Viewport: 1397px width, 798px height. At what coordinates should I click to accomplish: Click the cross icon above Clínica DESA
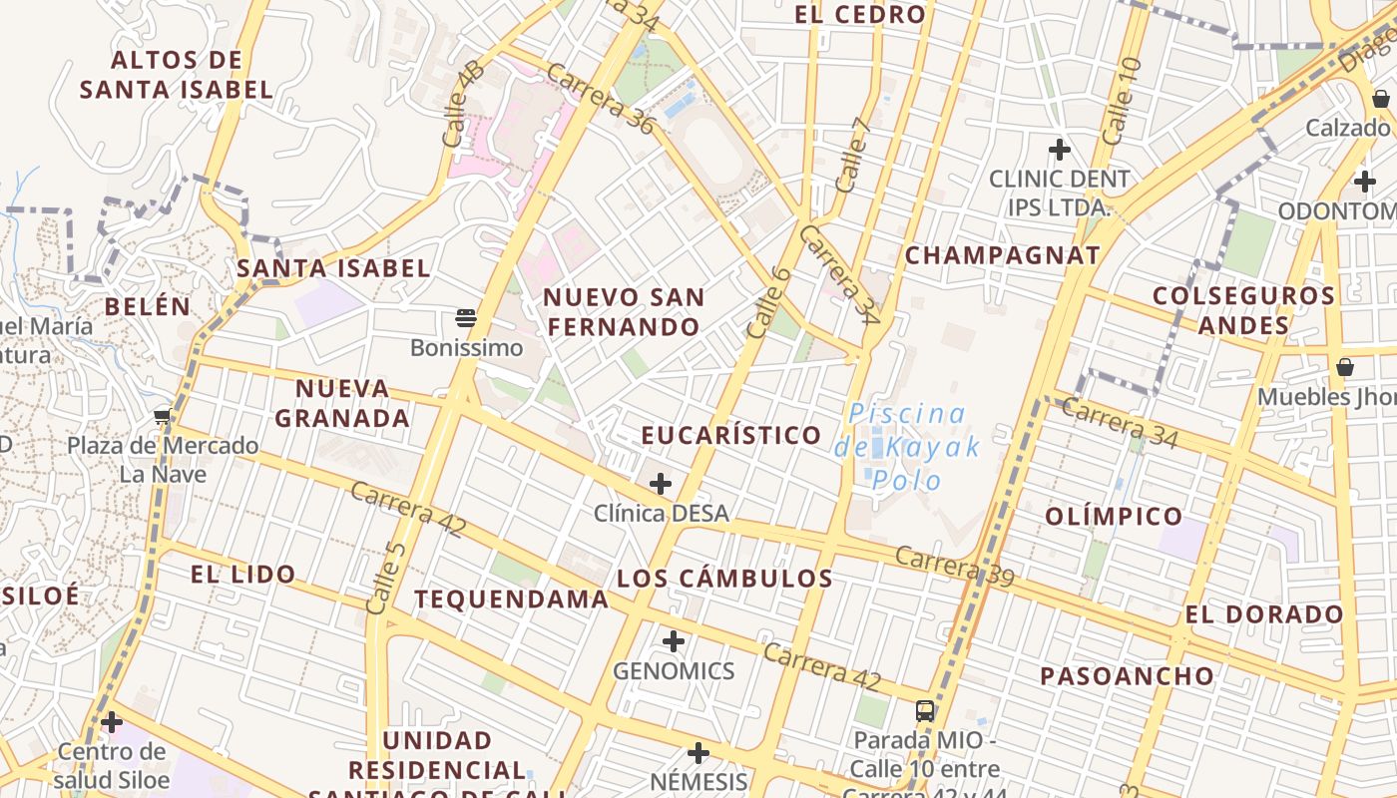[660, 485]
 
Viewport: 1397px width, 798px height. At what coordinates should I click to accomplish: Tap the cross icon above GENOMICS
[674, 641]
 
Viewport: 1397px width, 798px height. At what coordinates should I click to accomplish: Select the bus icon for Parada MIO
[925, 711]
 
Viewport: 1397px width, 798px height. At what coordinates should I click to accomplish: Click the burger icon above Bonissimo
[465, 318]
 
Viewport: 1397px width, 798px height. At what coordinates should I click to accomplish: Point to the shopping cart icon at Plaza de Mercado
[163, 416]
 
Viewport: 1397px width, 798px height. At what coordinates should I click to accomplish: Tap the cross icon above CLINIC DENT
[1059, 151]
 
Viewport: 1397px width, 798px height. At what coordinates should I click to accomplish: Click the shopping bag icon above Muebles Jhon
[1345, 367]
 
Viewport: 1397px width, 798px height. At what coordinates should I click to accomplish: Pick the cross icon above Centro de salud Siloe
[112, 721]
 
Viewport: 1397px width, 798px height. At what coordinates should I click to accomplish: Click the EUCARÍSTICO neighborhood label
[731, 435]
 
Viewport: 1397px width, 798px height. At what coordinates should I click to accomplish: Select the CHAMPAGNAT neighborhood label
[1002, 255]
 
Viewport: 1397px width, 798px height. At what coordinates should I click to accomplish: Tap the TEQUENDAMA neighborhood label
[511, 598]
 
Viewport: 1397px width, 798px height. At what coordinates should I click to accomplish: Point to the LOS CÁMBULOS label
[724, 579]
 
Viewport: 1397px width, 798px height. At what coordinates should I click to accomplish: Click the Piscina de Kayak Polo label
[907, 446]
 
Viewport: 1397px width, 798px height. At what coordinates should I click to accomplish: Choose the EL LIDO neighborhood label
[242, 574]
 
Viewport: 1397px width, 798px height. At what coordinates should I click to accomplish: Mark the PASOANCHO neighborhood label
[1128, 676]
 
